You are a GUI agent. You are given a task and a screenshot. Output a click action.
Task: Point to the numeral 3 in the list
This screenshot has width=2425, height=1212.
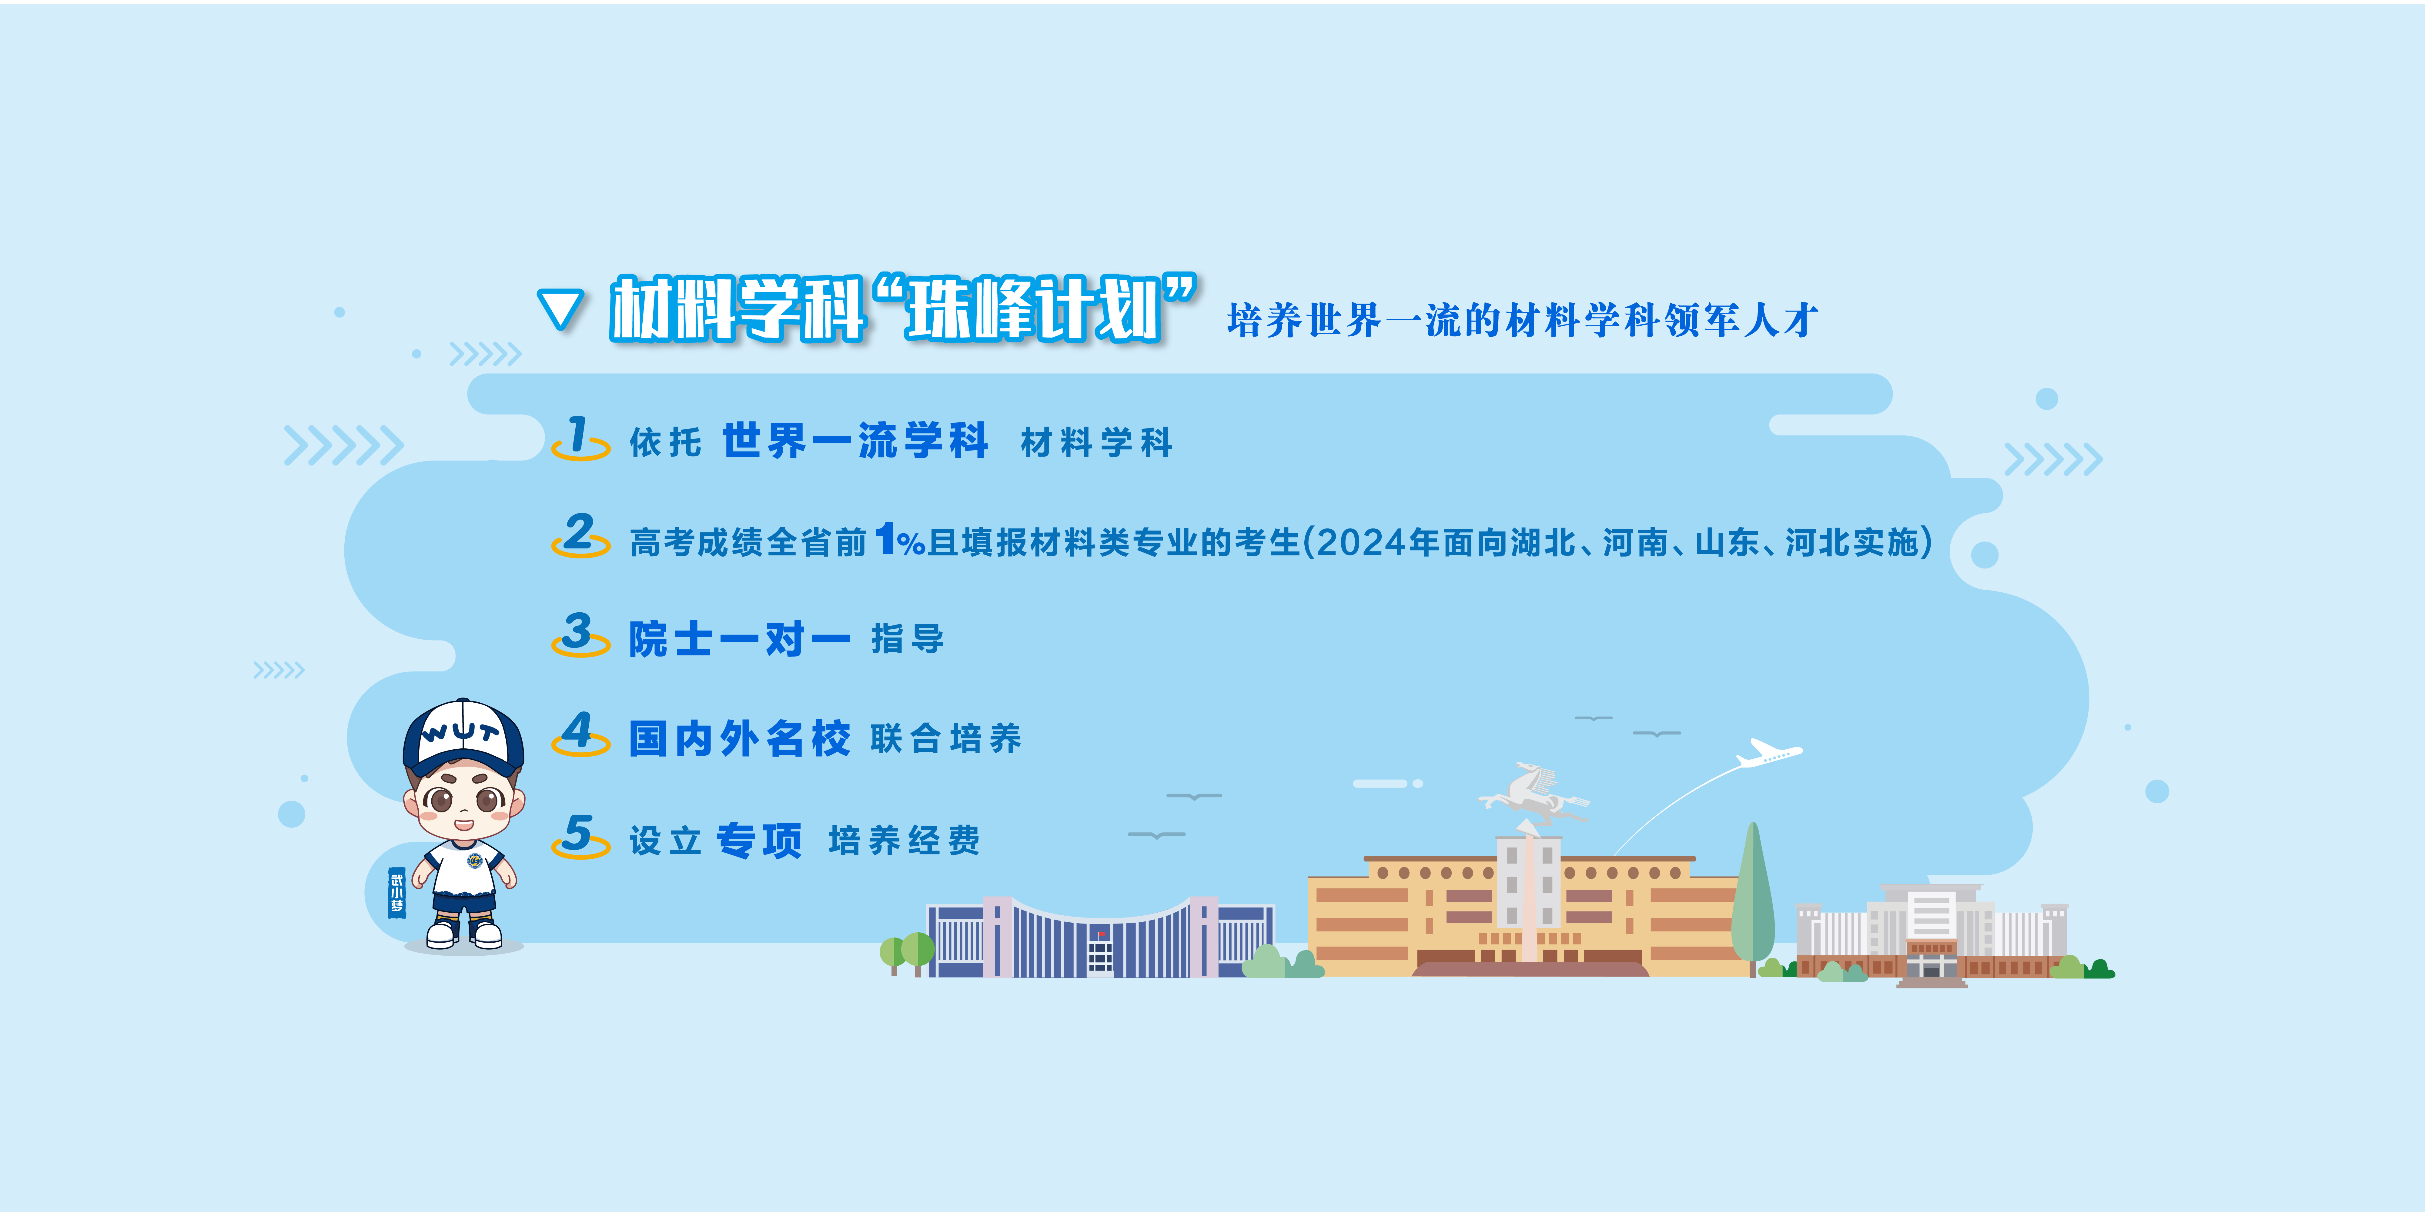click(578, 631)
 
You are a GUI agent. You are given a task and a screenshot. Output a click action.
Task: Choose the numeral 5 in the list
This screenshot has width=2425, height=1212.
click(578, 833)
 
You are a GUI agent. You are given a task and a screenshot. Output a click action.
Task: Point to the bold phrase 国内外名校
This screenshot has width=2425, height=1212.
click(739, 739)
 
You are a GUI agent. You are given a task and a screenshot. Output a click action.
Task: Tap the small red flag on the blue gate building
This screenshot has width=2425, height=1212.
click(1102, 934)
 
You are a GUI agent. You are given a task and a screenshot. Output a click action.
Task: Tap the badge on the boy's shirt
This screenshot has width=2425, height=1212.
click(474, 861)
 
